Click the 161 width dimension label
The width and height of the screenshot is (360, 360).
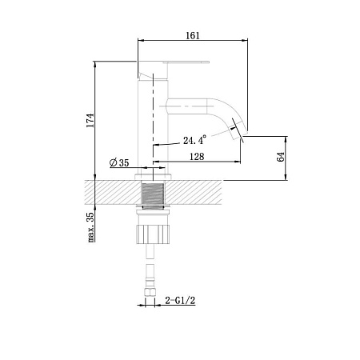click(193, 35)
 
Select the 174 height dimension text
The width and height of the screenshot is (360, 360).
click(90, 120)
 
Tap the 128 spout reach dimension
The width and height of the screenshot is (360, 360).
click(197, 157)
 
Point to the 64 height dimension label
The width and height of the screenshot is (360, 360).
click(281, 157)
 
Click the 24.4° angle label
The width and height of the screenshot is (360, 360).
click(194, 140)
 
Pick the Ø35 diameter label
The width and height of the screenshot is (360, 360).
click(119, 162)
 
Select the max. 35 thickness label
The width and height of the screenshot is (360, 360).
click(90, 227)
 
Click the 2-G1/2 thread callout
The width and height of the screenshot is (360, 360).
click(180, 301)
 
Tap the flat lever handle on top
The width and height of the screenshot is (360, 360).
click(186, 62)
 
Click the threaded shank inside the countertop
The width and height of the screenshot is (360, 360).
click(153, 194)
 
